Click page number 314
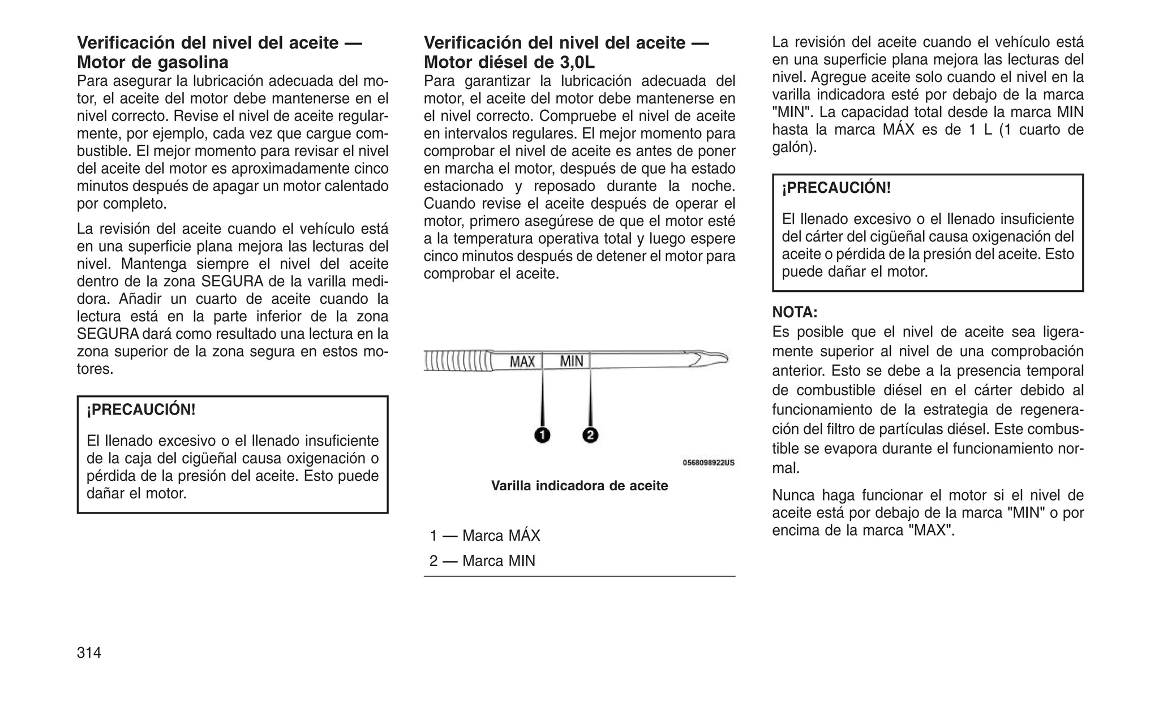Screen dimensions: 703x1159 (89, 653)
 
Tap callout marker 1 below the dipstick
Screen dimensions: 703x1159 (542, 435)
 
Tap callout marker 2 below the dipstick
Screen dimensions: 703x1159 (590, 435)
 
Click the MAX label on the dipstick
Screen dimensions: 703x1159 (522, 361)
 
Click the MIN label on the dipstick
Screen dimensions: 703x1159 (571, 361)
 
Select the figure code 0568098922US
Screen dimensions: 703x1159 (709, 463)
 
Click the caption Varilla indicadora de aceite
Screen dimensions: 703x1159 (579, 486)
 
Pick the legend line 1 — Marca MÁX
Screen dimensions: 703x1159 (485, 536)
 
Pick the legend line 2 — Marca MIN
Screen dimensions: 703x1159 (482, 561)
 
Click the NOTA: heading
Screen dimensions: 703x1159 (795, 312)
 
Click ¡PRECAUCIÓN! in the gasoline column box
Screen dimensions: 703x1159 (141, 409)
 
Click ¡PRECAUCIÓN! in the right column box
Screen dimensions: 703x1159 (836, 188)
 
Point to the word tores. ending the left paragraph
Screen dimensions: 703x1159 (95, 369)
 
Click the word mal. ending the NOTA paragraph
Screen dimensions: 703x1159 (785, 468)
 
